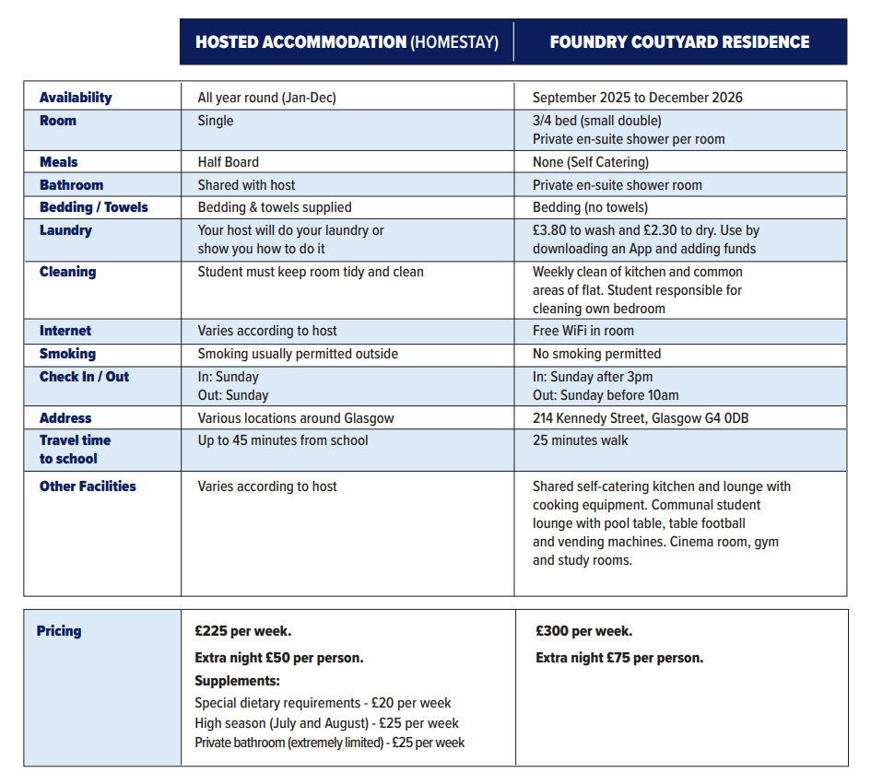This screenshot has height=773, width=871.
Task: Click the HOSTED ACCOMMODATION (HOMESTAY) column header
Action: click(347, 42)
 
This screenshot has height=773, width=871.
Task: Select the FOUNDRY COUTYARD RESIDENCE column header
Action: click(679, 42)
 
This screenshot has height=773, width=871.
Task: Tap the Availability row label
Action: click(76, 98)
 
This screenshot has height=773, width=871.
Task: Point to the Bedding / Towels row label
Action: click(93, 207)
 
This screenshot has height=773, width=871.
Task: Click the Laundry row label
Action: click(65, 230)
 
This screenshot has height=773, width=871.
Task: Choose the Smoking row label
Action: click(67, 354)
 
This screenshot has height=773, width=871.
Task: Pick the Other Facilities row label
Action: click(88, 486)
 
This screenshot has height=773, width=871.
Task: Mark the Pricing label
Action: click(59, 631)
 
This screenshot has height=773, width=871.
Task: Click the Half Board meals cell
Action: click(228, 162)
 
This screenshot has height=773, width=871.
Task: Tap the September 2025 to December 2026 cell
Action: click(638, 98)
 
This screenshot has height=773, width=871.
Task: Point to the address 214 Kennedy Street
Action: click(641, 418)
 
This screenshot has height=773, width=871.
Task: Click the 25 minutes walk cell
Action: click(581, 440)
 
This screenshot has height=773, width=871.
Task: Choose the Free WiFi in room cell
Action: click(583, 331)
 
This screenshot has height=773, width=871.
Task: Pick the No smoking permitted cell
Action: click(596, 354)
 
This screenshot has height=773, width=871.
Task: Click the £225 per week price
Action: click(243, 631)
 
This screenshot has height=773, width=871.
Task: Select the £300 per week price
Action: click(584, 631)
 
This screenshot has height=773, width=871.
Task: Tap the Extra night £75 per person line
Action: click(619, 658)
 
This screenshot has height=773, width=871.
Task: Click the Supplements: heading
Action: click(237, 682)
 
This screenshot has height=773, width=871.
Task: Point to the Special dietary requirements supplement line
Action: click(323, 703)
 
